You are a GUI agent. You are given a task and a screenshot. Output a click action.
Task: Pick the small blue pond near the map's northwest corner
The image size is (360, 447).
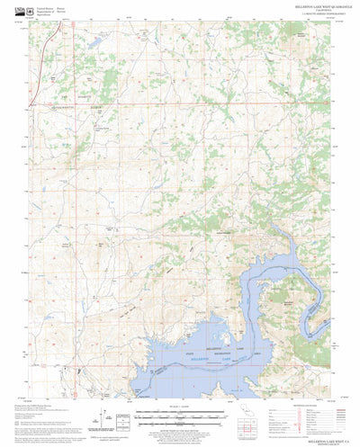93,42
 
